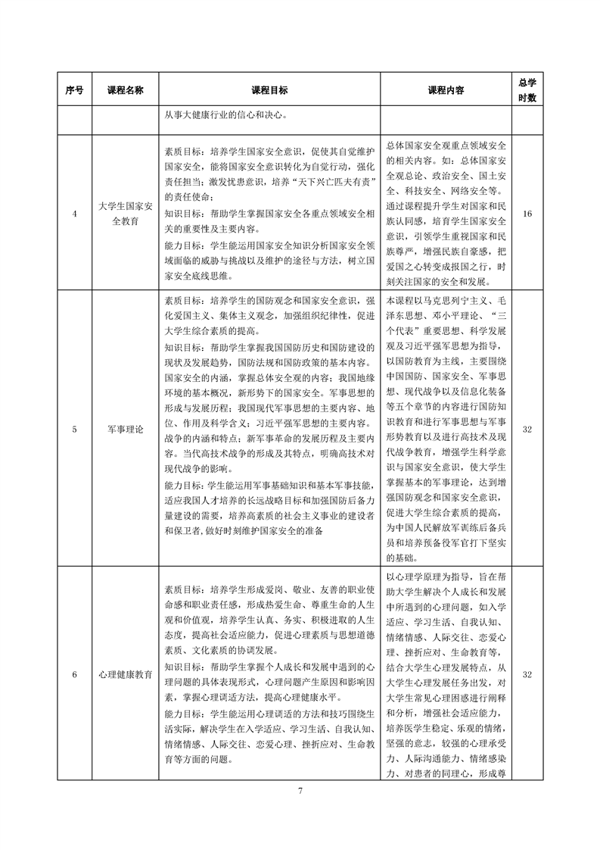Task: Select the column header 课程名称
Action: point(125,89)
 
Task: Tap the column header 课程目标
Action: point(269,89)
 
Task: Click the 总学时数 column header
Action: point(527,89)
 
